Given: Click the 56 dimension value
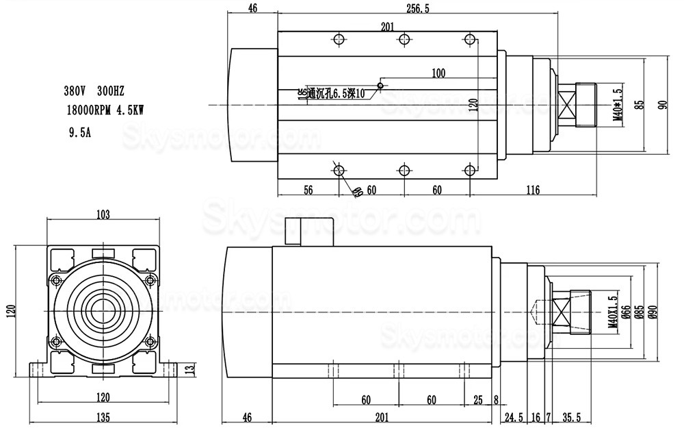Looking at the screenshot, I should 308,190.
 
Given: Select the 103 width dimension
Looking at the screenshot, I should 103,215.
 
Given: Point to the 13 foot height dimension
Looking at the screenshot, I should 190,368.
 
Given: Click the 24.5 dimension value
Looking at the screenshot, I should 513,417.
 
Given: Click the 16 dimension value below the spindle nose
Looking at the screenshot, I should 536,417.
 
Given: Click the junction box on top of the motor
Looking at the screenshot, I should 306,231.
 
